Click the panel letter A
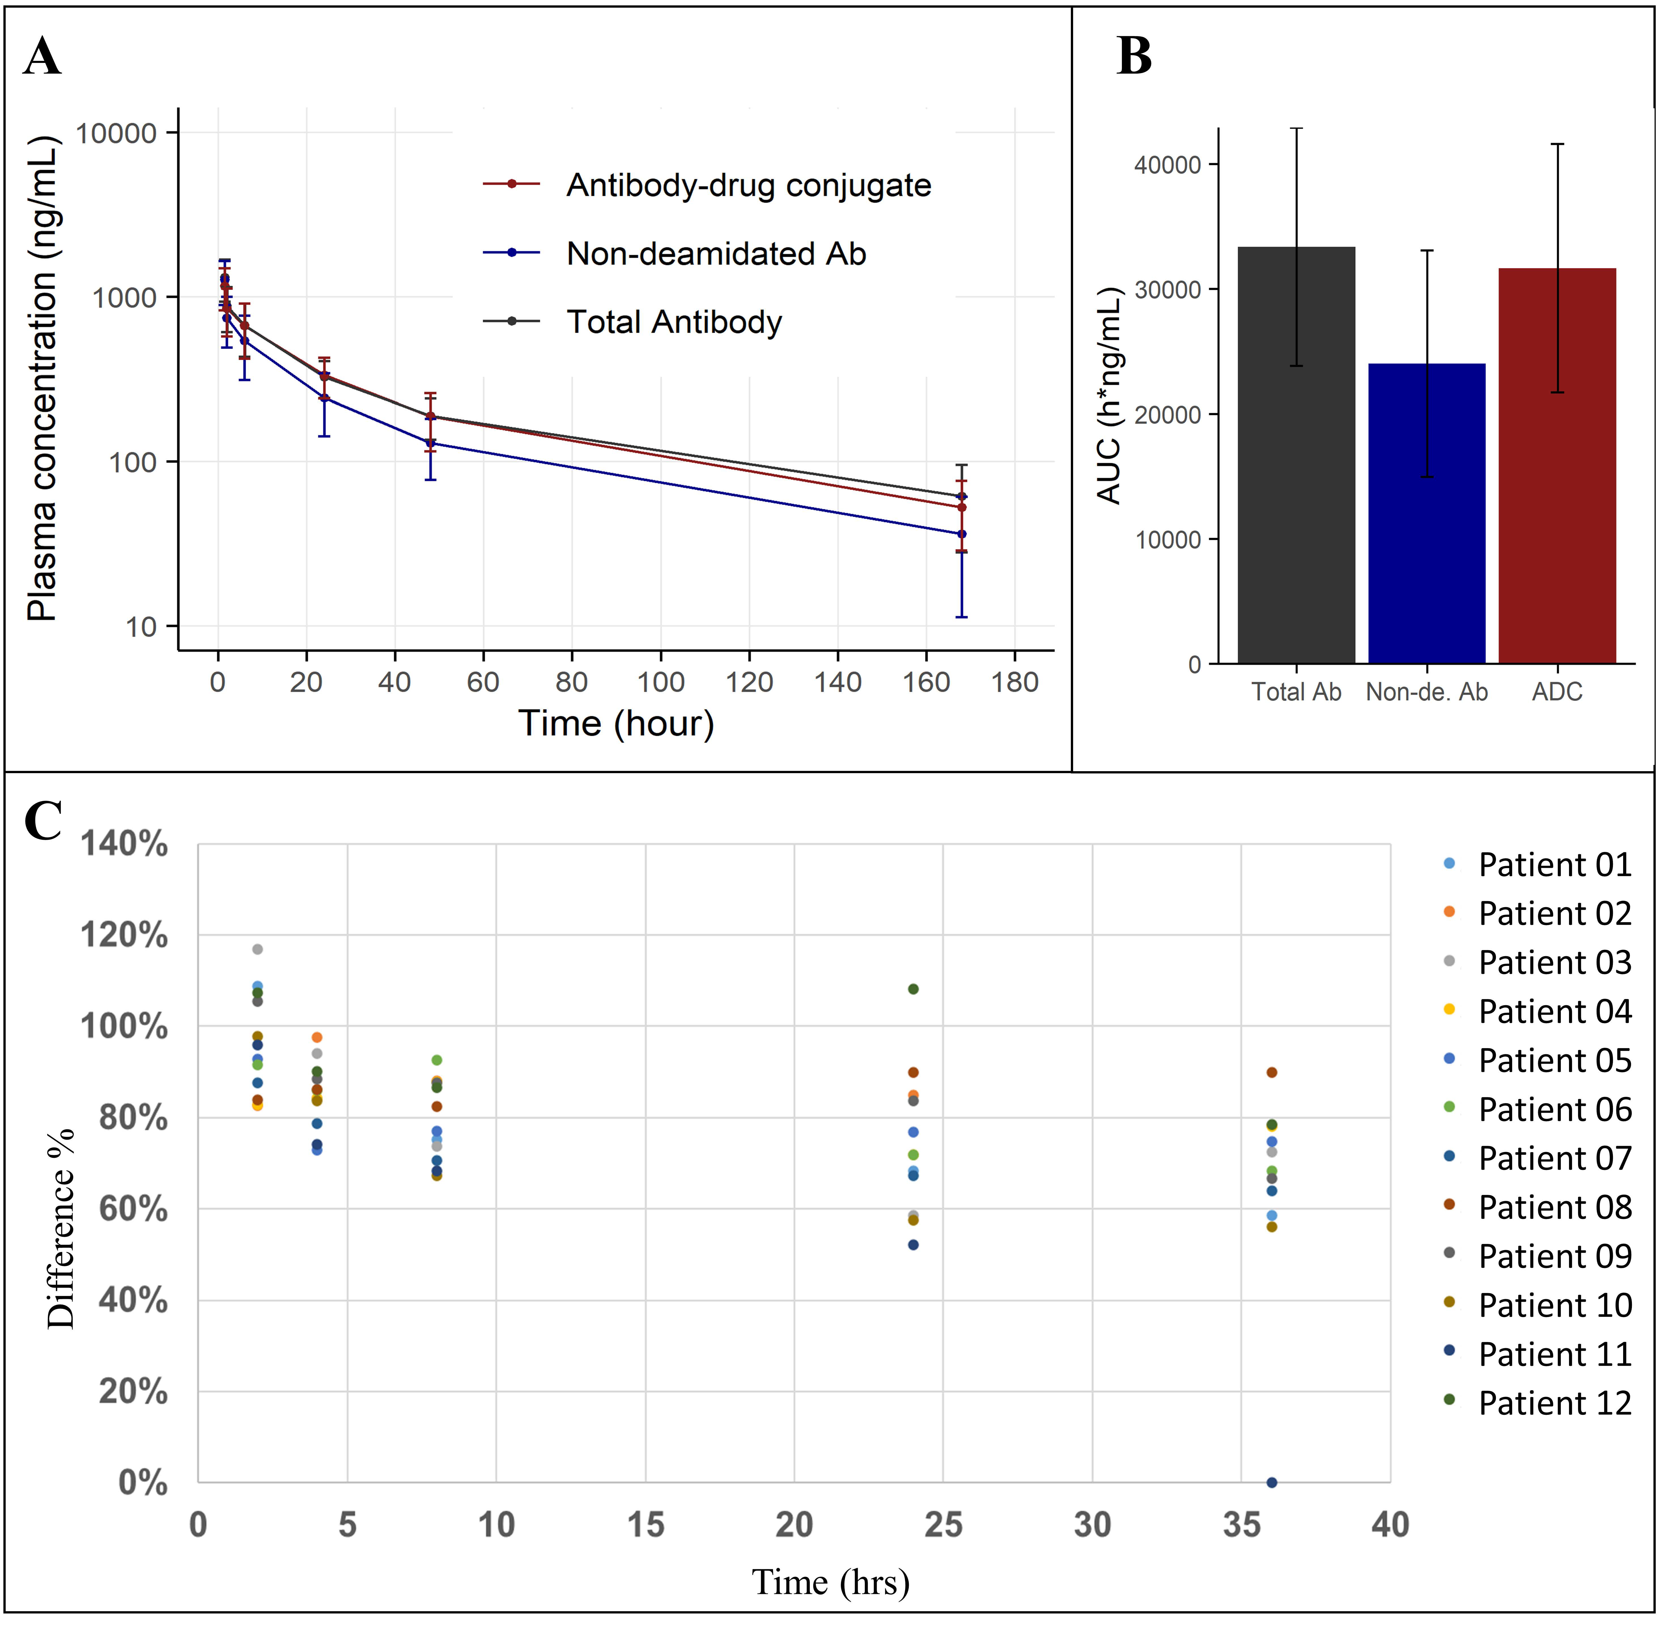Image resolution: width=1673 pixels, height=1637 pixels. (x=42, y=58)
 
